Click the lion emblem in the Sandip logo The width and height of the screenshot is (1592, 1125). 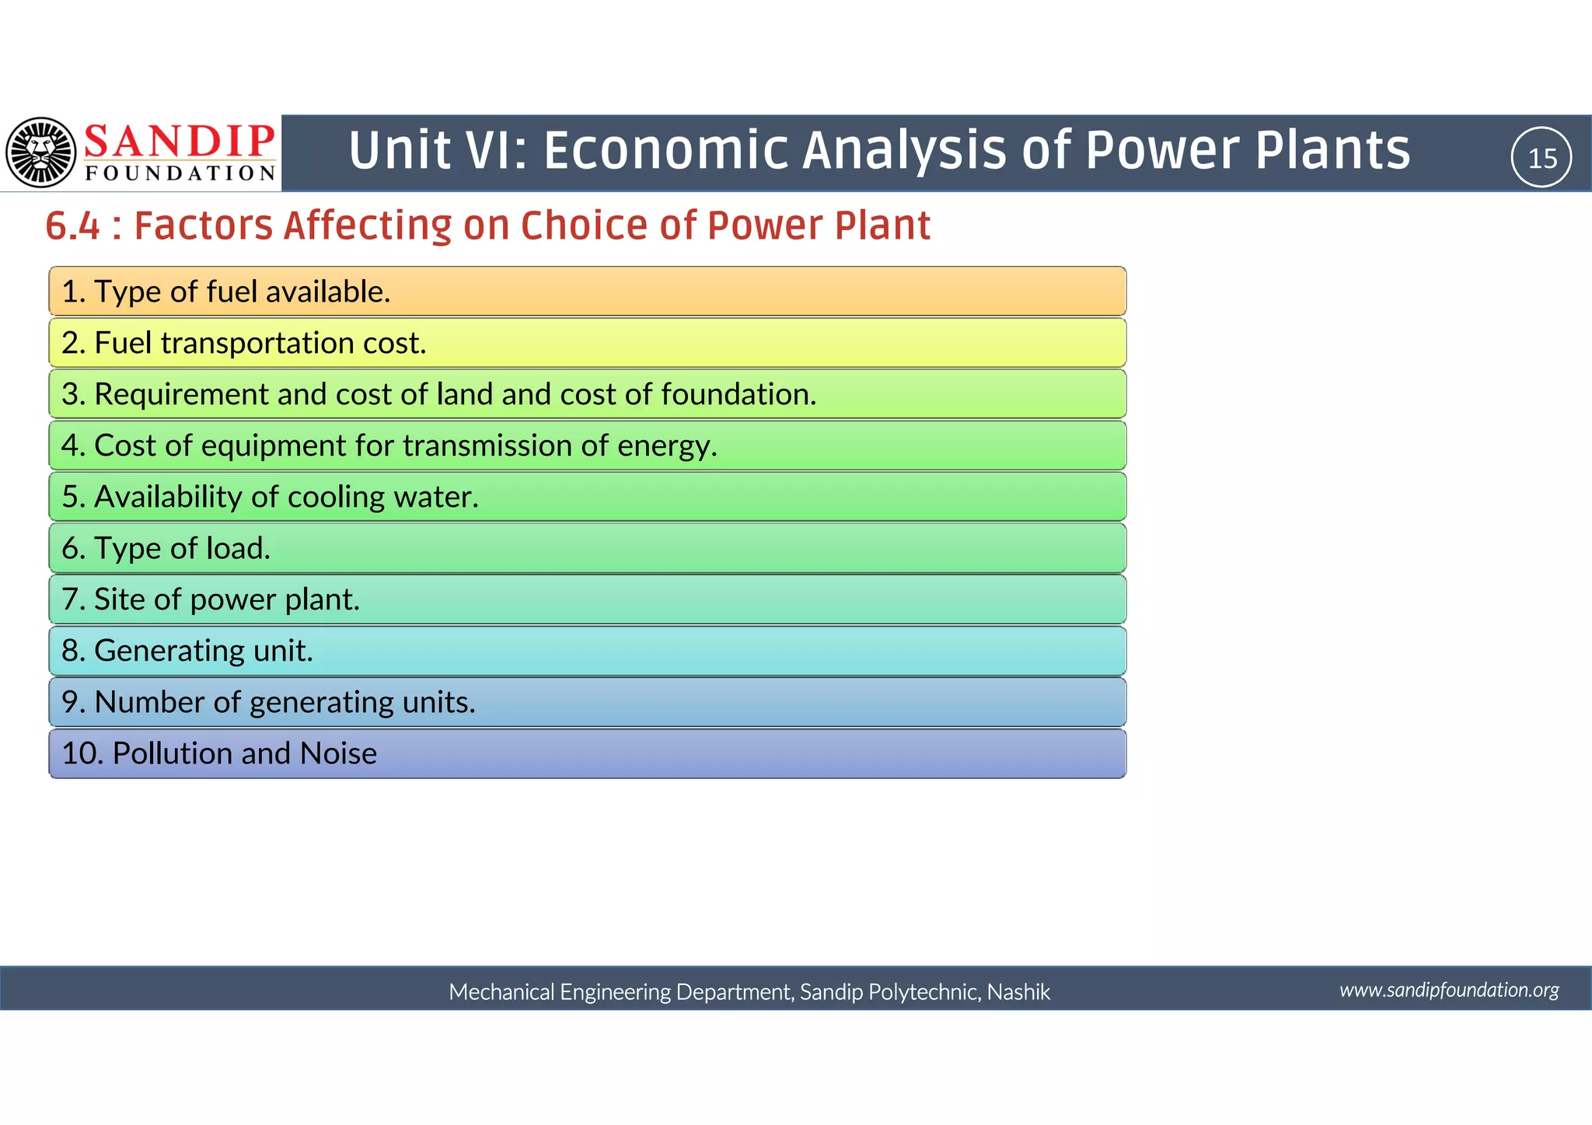point(41,152)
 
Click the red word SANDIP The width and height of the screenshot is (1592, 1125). point(180,141)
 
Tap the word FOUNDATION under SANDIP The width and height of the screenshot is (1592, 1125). point(180,173)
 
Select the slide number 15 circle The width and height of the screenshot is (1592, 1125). point(1541,158)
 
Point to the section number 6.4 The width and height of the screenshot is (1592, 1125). point(73,226)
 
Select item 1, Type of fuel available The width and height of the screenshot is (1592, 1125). point(225,292)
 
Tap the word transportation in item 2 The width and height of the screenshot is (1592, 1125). point(257,343)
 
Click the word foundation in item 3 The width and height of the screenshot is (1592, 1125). point(738,394)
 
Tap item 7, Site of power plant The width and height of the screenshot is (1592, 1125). point(211,599)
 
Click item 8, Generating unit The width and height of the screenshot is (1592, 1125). point(187,651)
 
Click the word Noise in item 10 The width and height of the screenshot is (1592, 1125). point(338,753)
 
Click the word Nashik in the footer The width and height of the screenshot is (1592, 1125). point(1018,992)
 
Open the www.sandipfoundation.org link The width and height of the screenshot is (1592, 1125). point(1449,990)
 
